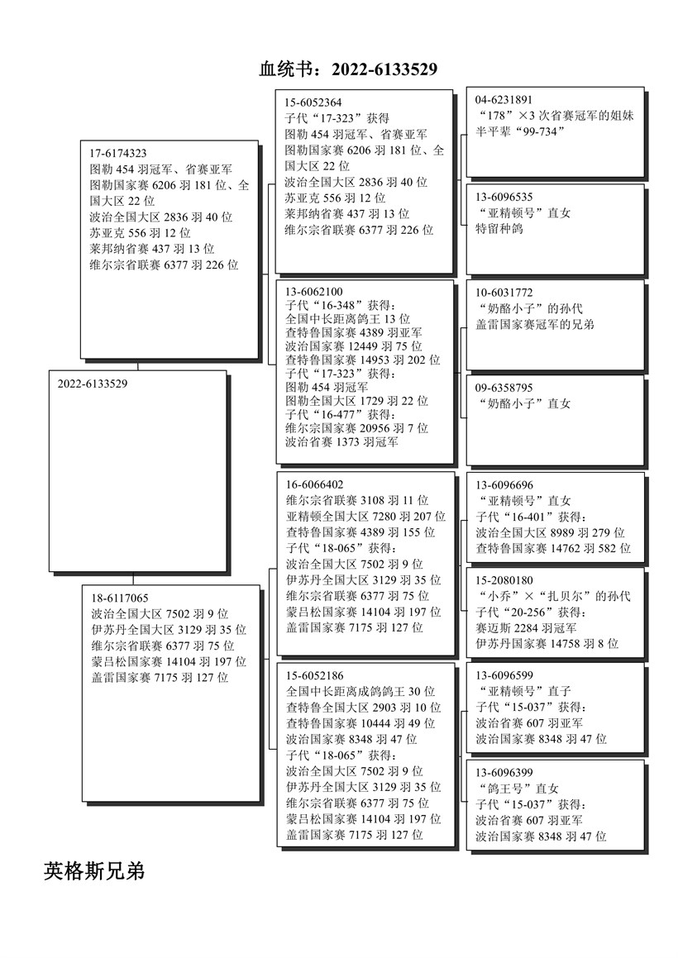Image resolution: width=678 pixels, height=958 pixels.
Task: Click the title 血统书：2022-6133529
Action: click(x=348, y=69)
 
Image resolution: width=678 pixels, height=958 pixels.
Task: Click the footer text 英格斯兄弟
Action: click(x=94, y=870)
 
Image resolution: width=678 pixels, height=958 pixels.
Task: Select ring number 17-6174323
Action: click(x=118, y=153)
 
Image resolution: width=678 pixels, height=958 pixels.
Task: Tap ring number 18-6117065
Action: click(x=120, y=598)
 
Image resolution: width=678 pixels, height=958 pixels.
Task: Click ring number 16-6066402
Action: click(x=315, y=484)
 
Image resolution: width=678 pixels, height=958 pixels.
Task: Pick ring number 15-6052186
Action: click(x=315, y=675)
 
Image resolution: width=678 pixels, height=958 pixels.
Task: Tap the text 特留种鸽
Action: click(x=499, y=229)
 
